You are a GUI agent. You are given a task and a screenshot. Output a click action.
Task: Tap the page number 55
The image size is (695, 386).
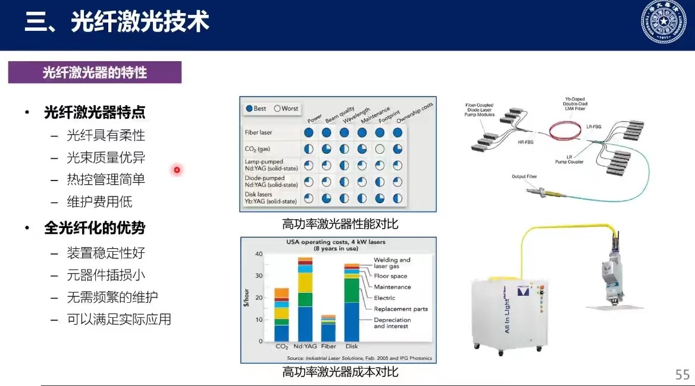tap(682, 374)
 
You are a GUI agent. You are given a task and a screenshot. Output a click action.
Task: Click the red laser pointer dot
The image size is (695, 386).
tap(177, 170)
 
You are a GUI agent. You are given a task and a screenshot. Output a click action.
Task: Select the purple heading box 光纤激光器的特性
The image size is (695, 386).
tap(95, 72)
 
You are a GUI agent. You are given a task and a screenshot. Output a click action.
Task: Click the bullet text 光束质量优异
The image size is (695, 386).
tap(106, 157)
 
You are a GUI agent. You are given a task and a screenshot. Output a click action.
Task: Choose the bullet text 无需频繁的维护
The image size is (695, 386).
tap(112, 297)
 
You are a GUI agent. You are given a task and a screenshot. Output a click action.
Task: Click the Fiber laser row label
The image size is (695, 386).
tap(258, 133)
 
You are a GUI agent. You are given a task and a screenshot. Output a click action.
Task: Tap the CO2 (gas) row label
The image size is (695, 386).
tap(257, 149)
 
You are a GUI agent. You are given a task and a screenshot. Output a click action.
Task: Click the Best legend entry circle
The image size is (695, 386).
tap(249, 109)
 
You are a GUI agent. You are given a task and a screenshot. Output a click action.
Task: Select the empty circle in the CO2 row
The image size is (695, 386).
tap(380, 149)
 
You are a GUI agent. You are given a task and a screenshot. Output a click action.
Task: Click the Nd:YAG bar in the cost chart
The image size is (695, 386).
tap(305, 299)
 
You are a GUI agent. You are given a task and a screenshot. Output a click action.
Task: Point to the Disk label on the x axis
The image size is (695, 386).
tap(352, 346)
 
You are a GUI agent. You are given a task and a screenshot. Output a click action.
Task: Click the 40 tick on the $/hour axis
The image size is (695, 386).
tap(259, 254)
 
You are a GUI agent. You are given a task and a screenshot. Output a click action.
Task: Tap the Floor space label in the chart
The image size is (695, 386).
tap(390, 276)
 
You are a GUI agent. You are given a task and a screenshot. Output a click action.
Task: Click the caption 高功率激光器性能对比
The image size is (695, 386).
tap(340, 224)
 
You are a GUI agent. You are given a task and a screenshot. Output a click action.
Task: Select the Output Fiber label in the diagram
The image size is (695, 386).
tap(526, 176)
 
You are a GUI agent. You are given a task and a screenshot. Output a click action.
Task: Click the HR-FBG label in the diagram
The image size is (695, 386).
tap(525, 143)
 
